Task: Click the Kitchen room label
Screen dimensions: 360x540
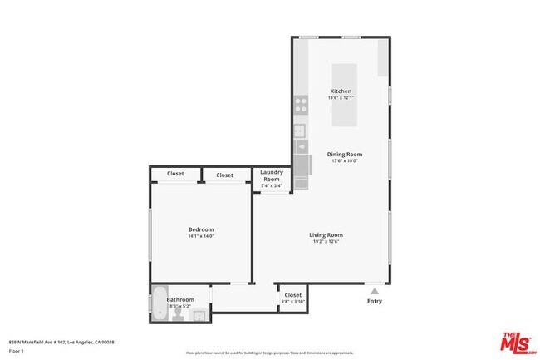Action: [341, 91]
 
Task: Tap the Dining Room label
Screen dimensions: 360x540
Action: [345, 154]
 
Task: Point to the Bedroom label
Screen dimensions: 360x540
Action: [201, 229]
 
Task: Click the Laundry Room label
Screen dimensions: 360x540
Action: [272, 176]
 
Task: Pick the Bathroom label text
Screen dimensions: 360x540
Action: [180, 299]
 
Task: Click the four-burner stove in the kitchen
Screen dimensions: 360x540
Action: [300, 106]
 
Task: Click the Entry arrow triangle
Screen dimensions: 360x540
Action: [375, 291]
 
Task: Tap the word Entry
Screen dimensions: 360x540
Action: [375, 301]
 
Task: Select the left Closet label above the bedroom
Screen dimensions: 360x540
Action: [175, 174]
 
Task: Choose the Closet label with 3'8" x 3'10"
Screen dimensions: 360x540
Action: [293, 295]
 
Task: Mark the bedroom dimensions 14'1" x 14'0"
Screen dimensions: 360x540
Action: [201, 236]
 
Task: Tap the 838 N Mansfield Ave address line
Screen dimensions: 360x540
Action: [61, 342]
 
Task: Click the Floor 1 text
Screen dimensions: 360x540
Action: [17, 351]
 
